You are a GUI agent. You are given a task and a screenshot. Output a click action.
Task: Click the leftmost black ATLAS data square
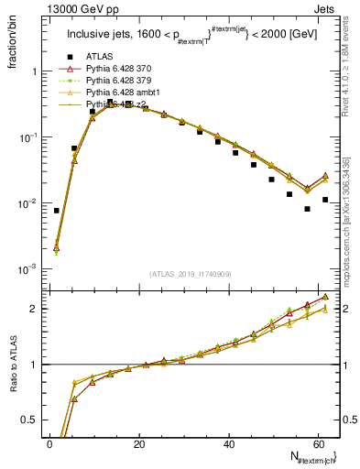coord(57,211)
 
